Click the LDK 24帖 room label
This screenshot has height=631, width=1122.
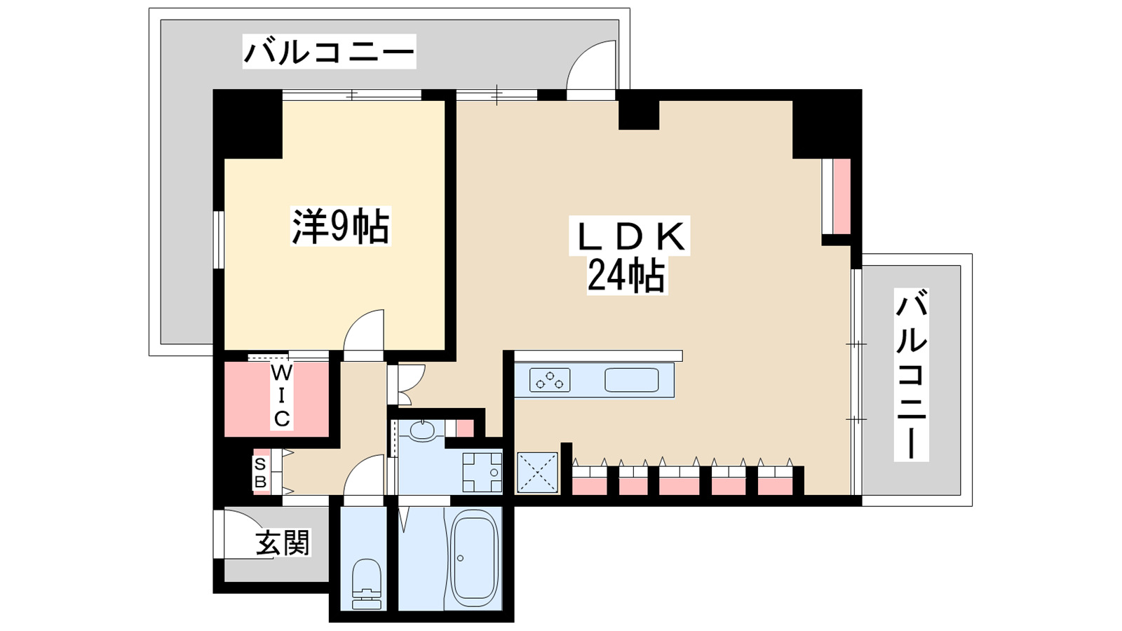(629, 255)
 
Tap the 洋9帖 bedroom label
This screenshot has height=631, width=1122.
(340, 226)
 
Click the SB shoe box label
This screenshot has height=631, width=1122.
(260, 473)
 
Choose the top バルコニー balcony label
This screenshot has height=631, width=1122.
(329, 51)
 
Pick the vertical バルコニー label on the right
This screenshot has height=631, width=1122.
(911, 375)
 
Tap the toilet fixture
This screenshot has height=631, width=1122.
(366, 581)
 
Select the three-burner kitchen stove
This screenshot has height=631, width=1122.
(549, 380)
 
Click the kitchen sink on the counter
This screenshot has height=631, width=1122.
(631, 380)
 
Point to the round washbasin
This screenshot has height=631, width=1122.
(422, 430)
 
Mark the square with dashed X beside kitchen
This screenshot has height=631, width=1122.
(537, 472)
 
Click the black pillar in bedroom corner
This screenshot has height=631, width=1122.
(248, 124)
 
